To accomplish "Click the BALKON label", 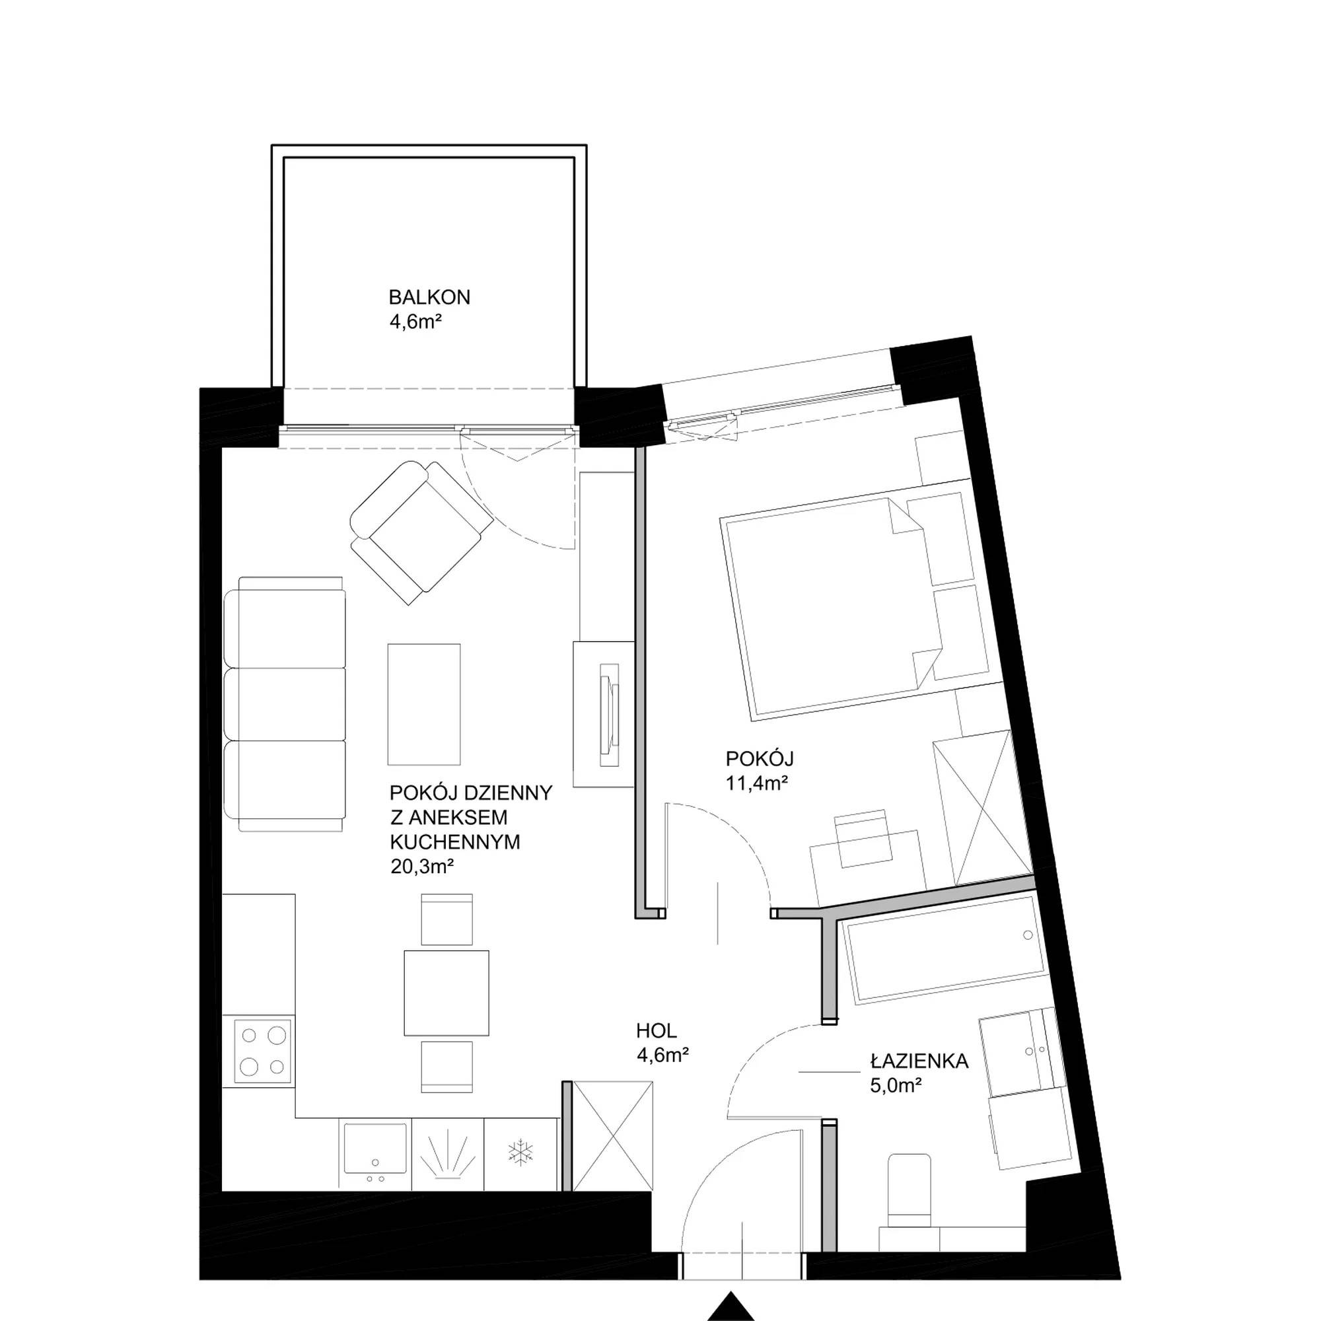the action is tap(429, 297).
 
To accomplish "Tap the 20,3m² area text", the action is tap(423, 868).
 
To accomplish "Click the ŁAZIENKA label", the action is tap(919, 1061).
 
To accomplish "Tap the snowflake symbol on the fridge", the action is tap(520, 1151).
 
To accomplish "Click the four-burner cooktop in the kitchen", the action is tap(263, 1051).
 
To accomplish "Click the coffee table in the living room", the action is tap(424, 703).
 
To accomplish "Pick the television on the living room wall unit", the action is tap(609, 715).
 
